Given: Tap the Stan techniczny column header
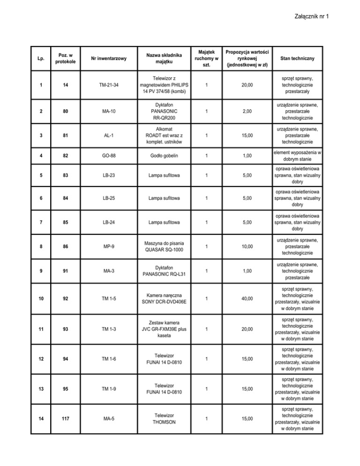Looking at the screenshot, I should (297, 58).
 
